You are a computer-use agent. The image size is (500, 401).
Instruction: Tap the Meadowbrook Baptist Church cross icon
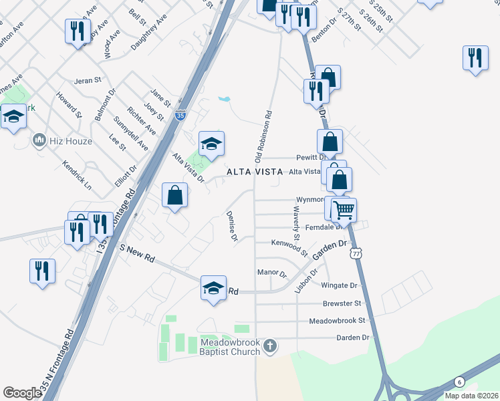pos(270,346)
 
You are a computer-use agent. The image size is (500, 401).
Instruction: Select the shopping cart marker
pos(344,210)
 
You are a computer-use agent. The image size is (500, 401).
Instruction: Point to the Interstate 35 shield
pos(180,116)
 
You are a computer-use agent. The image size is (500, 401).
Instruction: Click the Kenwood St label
pos(289,247)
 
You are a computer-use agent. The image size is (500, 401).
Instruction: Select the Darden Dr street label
pos(352,338)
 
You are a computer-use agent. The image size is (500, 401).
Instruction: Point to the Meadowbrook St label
pos(338,321)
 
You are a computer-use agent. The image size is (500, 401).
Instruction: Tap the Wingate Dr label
pos(340,285)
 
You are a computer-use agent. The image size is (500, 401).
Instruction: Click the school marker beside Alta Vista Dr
pos(211,143)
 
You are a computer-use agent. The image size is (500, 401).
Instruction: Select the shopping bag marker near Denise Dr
pos(174,195)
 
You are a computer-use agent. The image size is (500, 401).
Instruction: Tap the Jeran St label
pos(88,80)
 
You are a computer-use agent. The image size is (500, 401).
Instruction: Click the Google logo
pos(22,393)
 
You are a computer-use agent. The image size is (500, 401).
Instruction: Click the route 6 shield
pos(459,382)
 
